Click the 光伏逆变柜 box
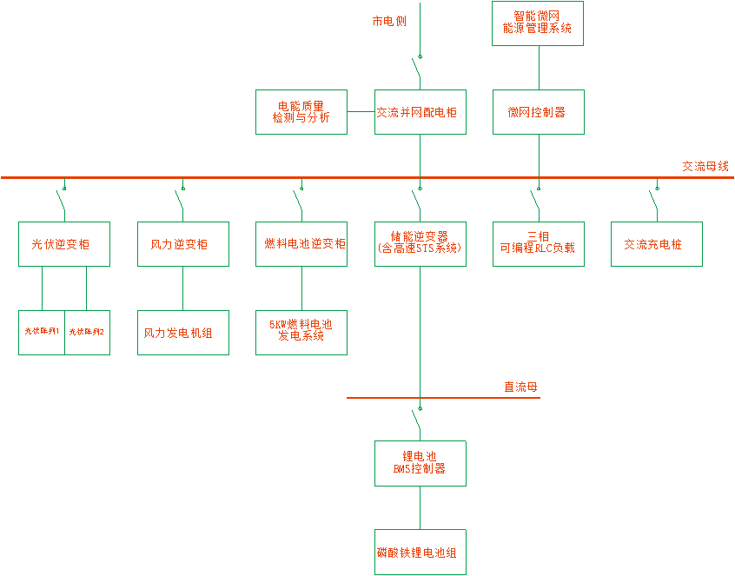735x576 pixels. point(64,244)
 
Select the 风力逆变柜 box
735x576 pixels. point(183,244)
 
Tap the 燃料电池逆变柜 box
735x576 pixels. point(301,244)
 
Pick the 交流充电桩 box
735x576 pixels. point(657,244)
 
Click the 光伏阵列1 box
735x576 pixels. point(42,332)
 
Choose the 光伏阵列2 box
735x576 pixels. point(88,332)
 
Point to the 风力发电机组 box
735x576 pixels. point(183,333)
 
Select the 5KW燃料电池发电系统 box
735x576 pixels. point(301,333)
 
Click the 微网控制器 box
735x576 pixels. point(539,112)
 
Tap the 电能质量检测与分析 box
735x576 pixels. point(301,112)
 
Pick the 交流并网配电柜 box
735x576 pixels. point(420,112)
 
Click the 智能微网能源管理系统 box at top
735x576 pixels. point(539,23)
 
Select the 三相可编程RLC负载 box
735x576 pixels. point(539,244)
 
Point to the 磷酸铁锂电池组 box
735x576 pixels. point(420,553)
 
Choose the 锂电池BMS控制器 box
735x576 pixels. point(420,463)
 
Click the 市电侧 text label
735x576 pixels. point(389,21)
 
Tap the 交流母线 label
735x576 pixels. point(705,166)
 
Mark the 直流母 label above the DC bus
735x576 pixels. point(521,387)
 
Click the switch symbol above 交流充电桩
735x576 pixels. point(653,202)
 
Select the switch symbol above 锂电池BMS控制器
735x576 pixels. point(418,422)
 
